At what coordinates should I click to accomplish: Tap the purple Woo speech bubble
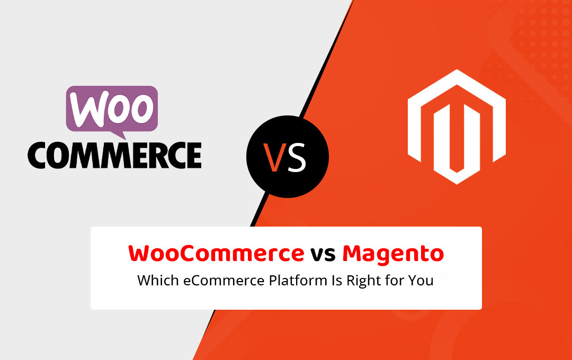click(x=112, y=108)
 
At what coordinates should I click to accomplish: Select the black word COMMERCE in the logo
click(x=114, y=155)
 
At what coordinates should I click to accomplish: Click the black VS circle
click(x=288, y=157)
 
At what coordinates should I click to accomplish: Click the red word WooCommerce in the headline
click(x=216, y=254)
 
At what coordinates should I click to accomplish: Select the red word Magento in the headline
click(x=393, y=254)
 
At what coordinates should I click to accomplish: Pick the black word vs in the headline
click(x=323, y=255)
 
